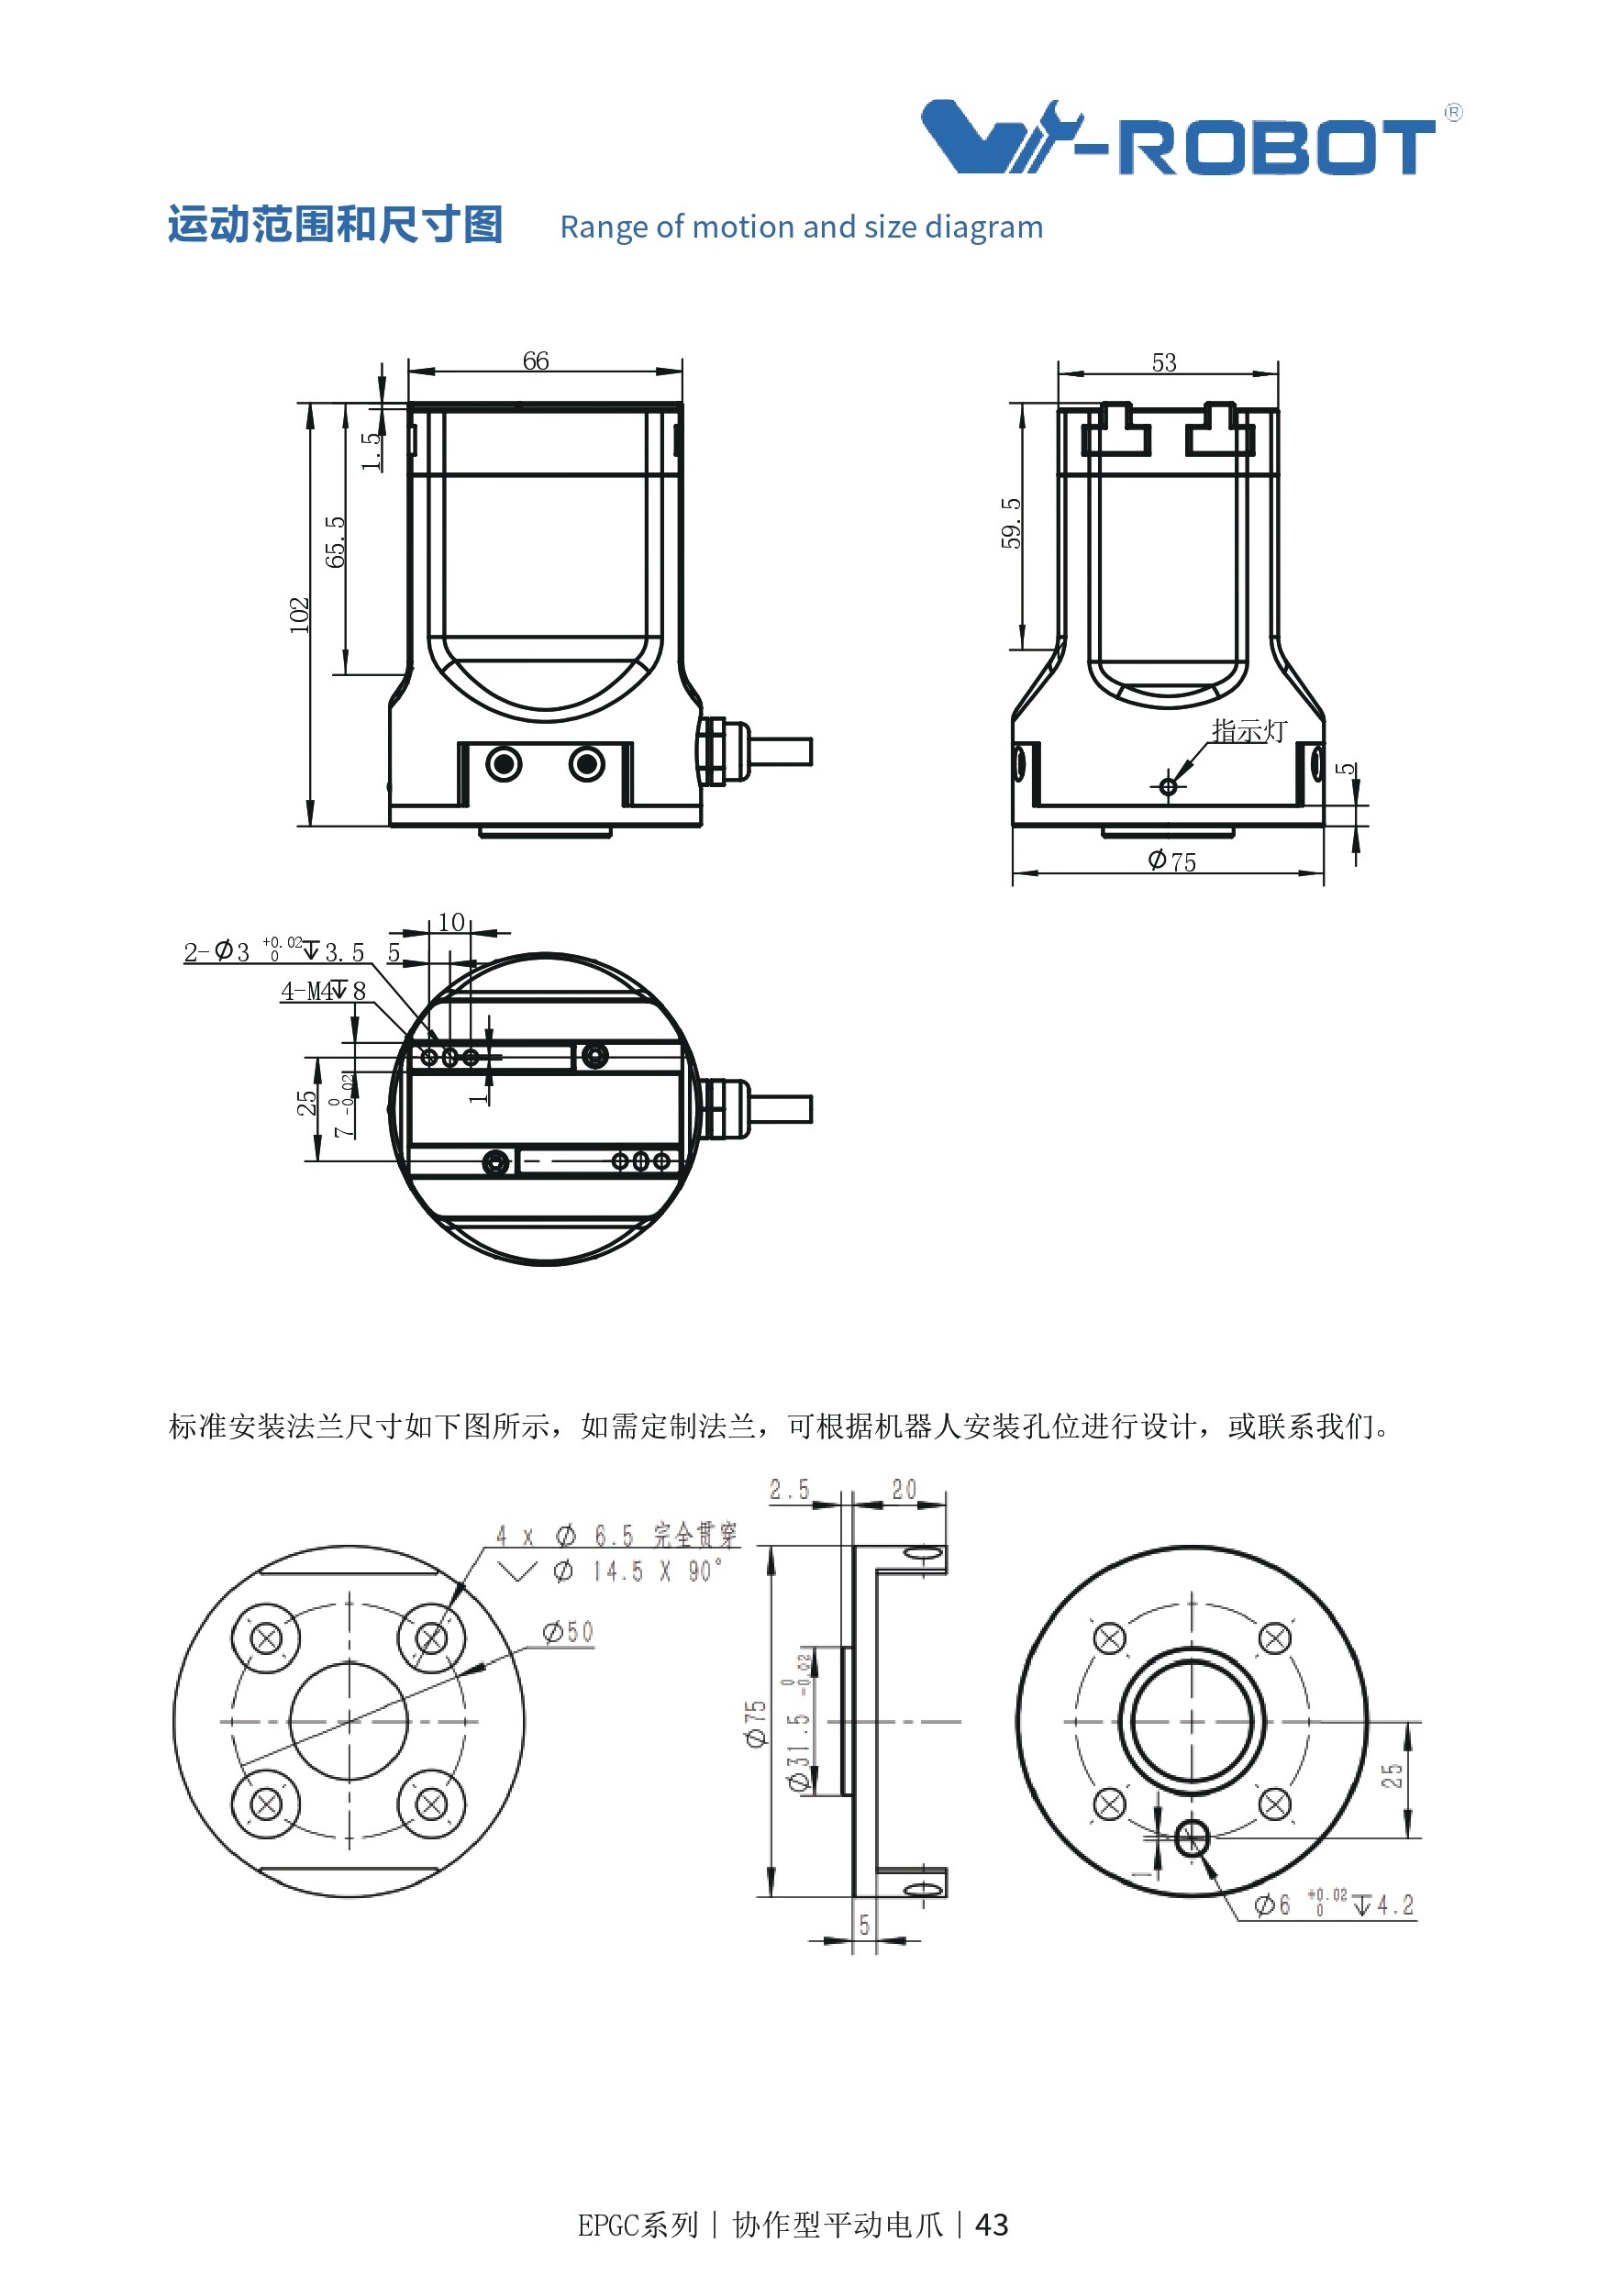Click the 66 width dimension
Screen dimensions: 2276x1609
[536, 361]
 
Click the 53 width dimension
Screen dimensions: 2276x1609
[1164, 362]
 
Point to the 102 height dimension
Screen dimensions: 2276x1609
[299, 615]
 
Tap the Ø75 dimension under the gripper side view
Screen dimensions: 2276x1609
[1171, 860]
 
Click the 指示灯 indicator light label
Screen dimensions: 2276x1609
[1248, 730]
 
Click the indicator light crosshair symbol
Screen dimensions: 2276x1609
[1168, 786]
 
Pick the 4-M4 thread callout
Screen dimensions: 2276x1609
[323, 990]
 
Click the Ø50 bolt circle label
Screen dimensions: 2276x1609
[568, 1632]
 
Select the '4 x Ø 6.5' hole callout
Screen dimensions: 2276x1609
[565, 1536]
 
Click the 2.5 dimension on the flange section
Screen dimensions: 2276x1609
[789, 1490]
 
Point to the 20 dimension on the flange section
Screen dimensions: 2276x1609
[904, 1490]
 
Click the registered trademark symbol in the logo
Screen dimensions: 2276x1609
[1452, 113]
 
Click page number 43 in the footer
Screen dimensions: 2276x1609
[992, 2226]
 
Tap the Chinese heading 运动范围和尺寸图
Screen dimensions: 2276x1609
[335, 225]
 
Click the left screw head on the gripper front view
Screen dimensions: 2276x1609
[504, 764]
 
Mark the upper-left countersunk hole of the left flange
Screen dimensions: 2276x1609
[266, 1638]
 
